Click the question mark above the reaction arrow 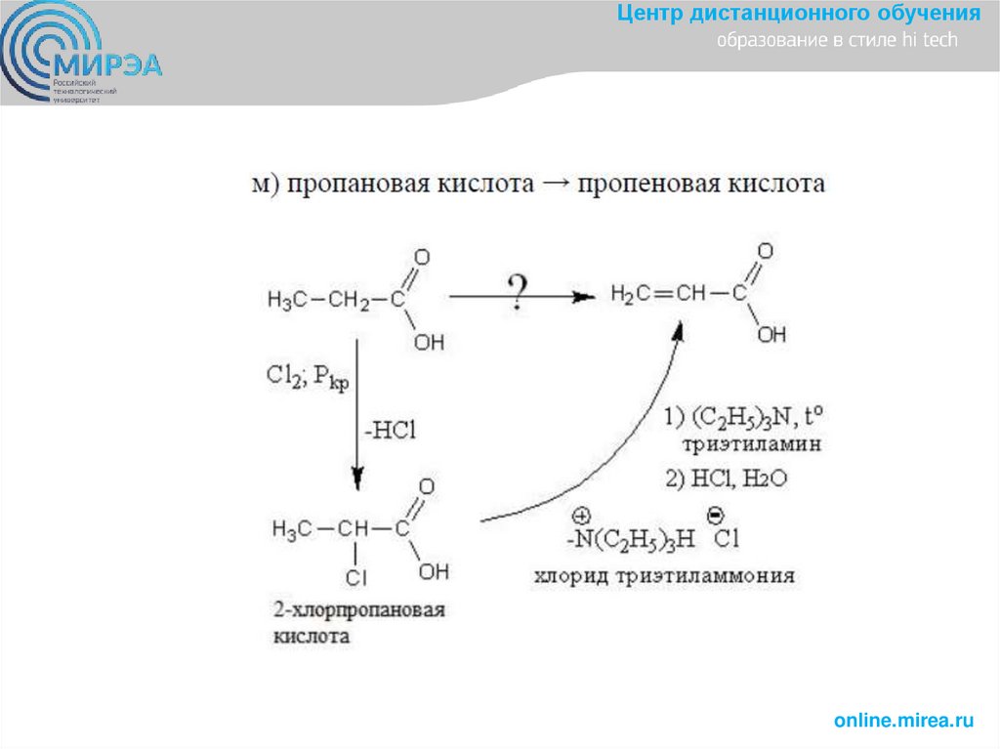click(x=517, y=290)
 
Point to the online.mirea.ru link click(x=904, y=721)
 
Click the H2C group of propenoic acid click(x=632, y=293)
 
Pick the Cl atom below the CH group click(x=356, y=578)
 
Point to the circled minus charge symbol click(x=713, y=513)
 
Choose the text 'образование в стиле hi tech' click(x=837, y=41)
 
